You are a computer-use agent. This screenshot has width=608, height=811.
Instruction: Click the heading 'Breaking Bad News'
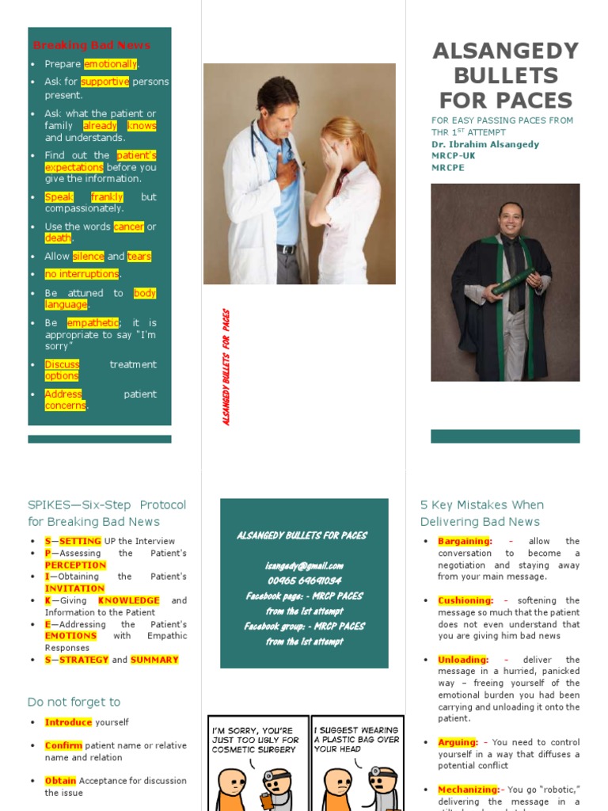click(x=91, y=45)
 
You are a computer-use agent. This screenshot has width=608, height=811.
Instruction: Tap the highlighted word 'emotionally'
click(x=110, y=64)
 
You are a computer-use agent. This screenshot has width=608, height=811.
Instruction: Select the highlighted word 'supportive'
click(x=104, y=82)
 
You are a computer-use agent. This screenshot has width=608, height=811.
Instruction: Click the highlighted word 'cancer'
click(x=128, y=227)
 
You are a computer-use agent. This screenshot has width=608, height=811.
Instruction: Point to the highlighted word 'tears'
click(x=139, y=256)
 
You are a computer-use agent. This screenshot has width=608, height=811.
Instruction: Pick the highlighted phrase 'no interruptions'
click(x=82, y=274)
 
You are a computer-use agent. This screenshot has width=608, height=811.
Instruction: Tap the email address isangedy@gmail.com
click(x=304, y=565)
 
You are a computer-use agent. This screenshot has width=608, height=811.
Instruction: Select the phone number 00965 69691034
click(x=304, y=581)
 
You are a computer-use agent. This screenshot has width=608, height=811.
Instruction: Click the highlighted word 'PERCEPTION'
click(x=75, y=565)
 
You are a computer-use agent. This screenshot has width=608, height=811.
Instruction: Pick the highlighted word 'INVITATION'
click(x=74, y=588)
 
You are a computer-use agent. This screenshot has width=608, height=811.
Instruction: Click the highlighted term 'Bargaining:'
click(x=465, y=541)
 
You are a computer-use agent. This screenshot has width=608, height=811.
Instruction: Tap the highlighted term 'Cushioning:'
click(x=465, y=600)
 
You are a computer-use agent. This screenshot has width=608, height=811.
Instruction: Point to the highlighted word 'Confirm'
click(x=63, y=745)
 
